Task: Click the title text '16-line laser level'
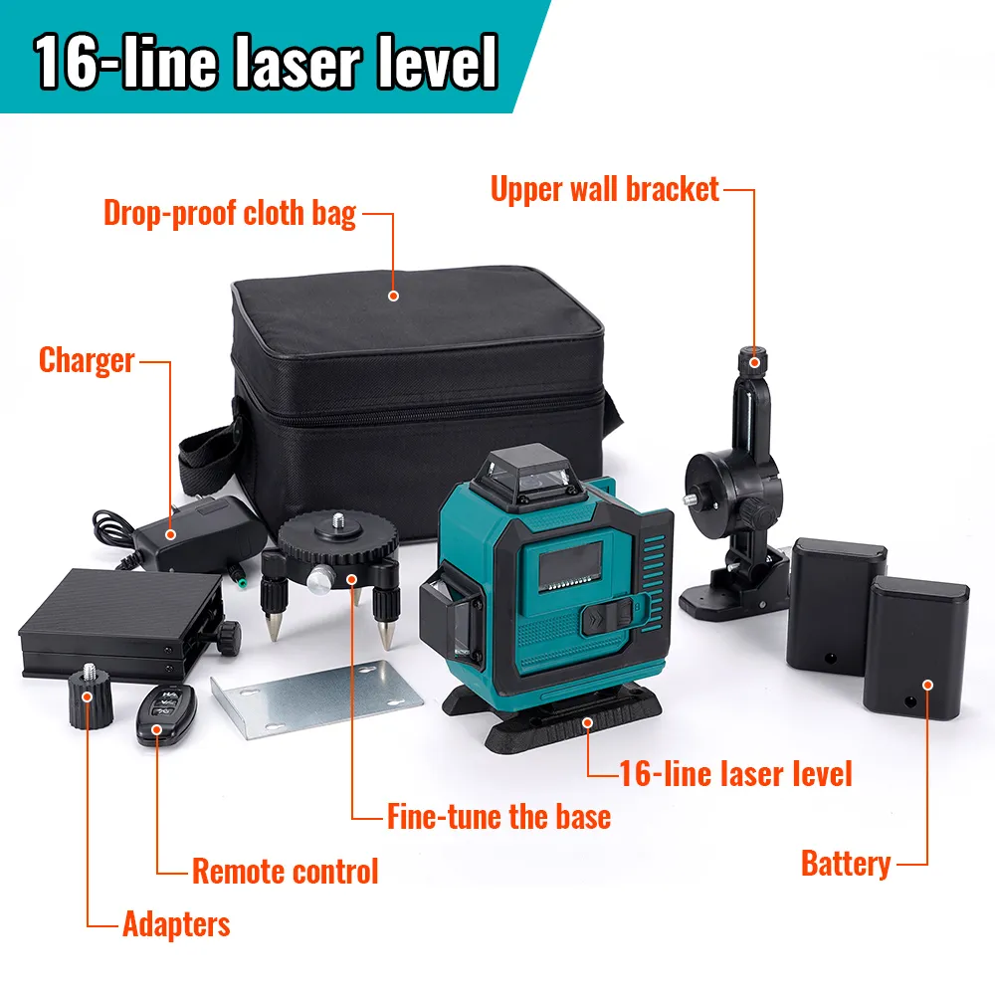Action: click(x=267, y=62)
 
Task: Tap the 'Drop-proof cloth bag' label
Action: click(x=230, y=213)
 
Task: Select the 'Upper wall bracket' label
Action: click(x=604, y=189)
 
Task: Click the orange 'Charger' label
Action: click(x=87, y=359)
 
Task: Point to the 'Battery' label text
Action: click(x=845, y=863)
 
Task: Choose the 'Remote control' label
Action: click(x=285, y=872)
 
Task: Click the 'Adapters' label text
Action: click(x=176, y=924)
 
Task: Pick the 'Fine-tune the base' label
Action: click(x=498, y=817)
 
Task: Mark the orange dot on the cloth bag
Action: click(x=393, y=295)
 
